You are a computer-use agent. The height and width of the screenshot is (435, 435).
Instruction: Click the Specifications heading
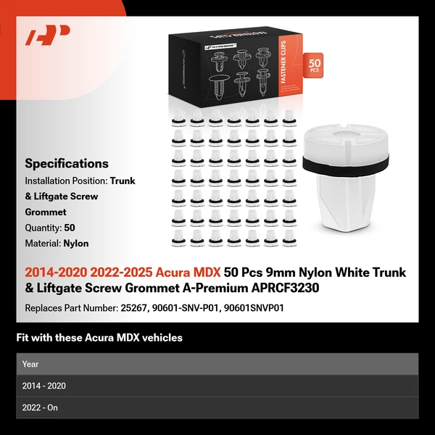[67, 164]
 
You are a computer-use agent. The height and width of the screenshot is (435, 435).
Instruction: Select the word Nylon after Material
[75, 244]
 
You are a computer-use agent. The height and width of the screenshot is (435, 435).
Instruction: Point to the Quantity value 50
[70, 228]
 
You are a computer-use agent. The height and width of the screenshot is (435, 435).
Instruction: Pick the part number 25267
[133, 307]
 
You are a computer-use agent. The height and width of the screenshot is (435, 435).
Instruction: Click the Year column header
[30, 364]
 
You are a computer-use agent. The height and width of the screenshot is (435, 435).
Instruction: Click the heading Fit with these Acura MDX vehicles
[99, 337]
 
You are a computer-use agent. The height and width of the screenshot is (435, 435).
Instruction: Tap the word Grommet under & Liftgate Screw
[46, 212]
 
